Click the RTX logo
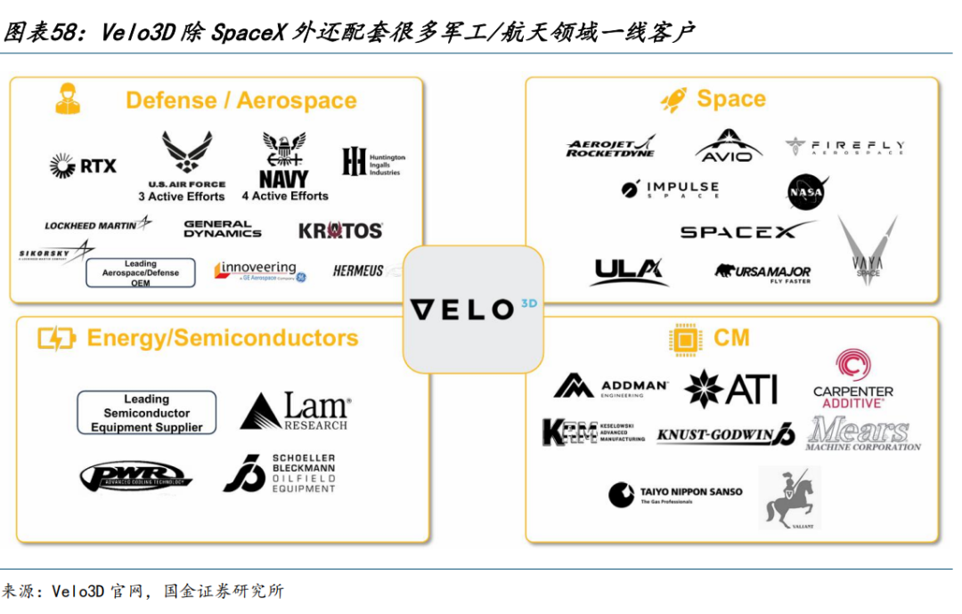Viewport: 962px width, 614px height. click(83, 165)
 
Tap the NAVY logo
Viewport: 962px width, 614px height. click(284, 160)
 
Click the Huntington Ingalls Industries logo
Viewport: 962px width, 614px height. click(373, 162)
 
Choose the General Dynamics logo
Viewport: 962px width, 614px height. click(223, 230)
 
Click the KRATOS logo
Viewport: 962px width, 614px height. click(340, 230)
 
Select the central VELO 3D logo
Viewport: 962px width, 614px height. click(473, 309)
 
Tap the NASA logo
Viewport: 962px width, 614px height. click(807, 191)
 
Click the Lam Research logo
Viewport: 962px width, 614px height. click(295, 411)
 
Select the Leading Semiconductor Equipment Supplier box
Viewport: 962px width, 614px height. click(146, 413)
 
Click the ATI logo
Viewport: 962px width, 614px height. click(731, 389)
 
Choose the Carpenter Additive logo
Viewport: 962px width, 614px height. click(852, 380)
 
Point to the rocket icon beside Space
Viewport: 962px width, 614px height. click(673, 100)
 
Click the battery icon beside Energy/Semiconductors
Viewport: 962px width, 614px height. click(56, 338)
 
